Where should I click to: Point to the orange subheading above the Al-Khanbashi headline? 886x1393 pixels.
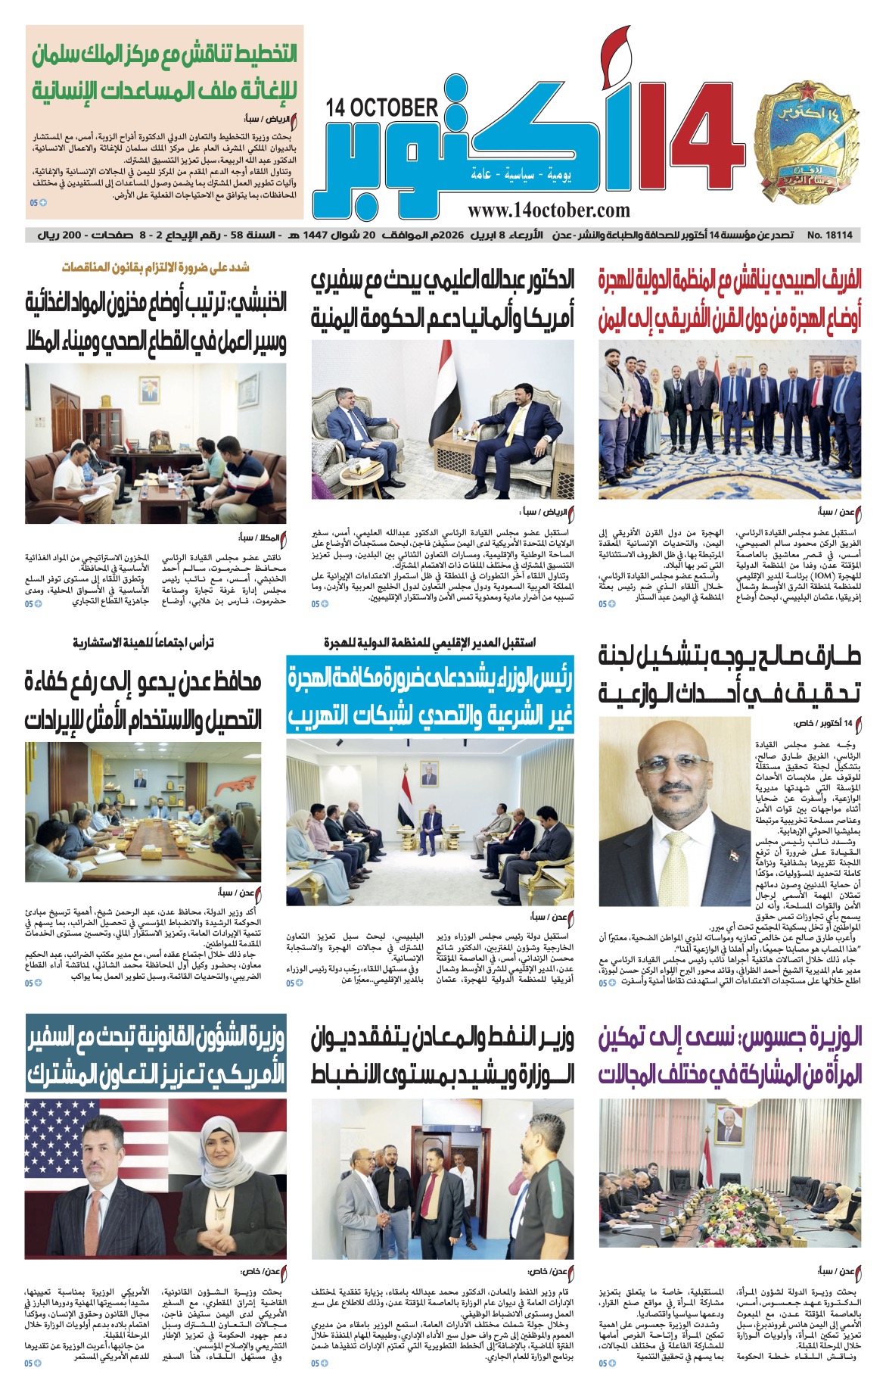tap(155, 267)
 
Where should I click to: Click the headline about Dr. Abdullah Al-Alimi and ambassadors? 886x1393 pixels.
tap(443, 299)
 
